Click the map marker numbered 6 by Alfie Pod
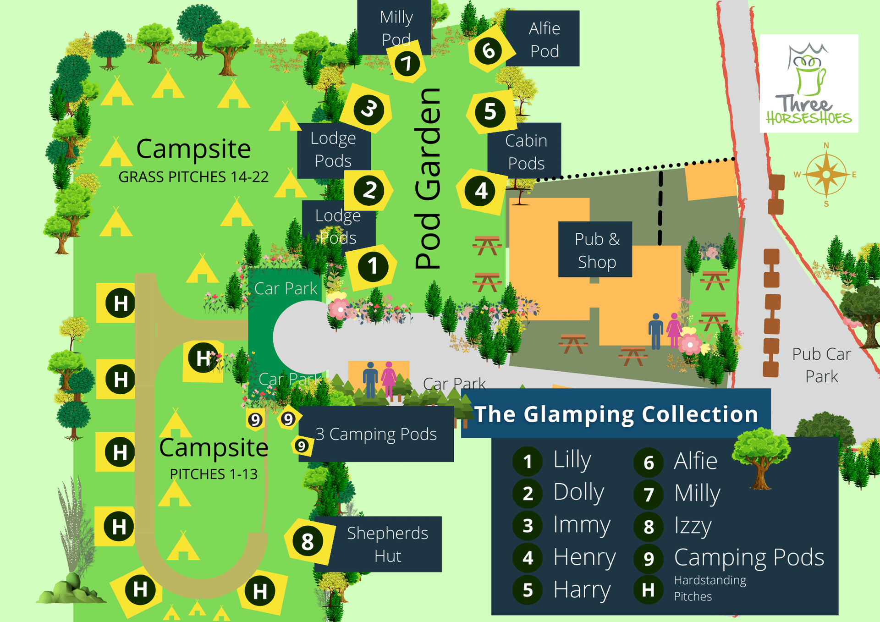[489, 50]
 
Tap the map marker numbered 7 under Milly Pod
[407, 63]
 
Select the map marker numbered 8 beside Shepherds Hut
[307, 541]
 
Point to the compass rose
[826, 175]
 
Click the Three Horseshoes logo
[808, 83]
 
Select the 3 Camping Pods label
[376, 434]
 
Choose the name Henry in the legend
[584, 557]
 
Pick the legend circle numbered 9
[648, 558]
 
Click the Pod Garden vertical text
[428, 179]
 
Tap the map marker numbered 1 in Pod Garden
[373, 266]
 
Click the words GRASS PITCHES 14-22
[193, 177]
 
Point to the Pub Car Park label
[821, 365]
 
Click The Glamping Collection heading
[616, 414]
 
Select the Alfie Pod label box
[544, 39]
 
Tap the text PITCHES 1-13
[214, 474]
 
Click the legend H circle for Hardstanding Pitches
[648, 590]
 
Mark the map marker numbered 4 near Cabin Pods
[481, 191]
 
